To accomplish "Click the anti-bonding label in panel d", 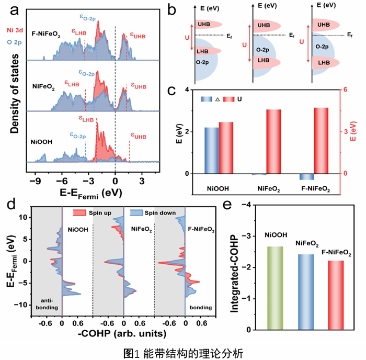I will click(x=47, y=305).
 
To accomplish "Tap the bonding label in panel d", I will click(x=201, y=308).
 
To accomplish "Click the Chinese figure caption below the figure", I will click(x=183, y=353).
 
